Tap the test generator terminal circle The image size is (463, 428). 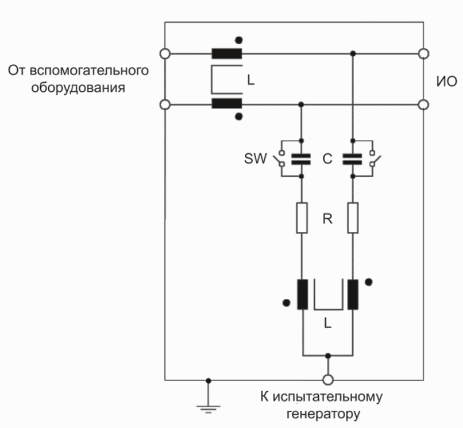[328, 380]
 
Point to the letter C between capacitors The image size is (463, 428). [327, 159]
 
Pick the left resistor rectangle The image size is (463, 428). [302, 217]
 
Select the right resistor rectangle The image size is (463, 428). [353, 217]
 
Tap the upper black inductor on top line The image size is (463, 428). [226, 54]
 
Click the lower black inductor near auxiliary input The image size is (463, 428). [226, 104]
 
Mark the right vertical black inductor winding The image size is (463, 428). [352, 295]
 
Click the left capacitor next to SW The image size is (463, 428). [302, 159]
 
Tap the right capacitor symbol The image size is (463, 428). [353, 159]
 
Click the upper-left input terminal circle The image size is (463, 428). [165, 54]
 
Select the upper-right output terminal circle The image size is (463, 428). [424, 54]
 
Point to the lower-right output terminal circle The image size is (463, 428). [424, 104]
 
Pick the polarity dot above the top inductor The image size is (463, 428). [238, 40]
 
